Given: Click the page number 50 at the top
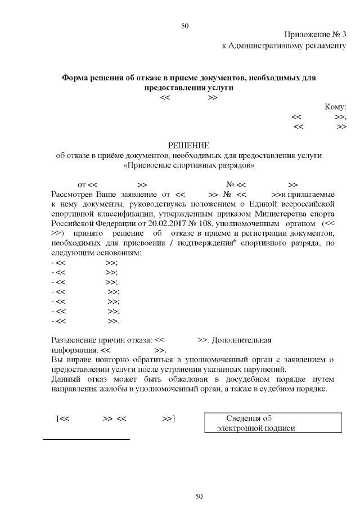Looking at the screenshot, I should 184,26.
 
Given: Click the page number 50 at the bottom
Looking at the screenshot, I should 198,496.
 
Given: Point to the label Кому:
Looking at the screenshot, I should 335,107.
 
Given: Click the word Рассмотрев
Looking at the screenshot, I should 73,194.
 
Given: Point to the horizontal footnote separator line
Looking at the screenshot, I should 86,439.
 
